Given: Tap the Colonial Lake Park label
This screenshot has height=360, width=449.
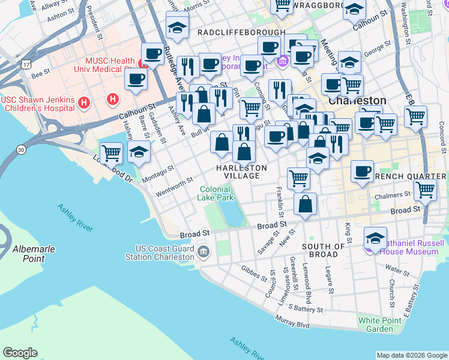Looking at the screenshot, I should (216, 193).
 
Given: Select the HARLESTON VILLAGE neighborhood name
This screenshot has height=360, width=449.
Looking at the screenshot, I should (238, 171).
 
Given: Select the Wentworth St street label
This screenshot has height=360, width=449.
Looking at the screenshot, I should (174, 186).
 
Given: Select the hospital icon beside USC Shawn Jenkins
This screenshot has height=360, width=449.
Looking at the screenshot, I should (84, 103).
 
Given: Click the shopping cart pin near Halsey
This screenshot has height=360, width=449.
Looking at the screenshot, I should (112, 154).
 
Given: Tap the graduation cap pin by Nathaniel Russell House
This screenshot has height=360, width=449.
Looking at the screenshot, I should (376, 238).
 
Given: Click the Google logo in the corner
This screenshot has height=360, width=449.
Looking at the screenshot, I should (20, 353).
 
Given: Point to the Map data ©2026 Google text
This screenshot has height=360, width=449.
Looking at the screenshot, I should (411, 355).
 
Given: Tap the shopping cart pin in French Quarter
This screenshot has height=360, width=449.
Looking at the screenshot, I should (425, 190).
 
